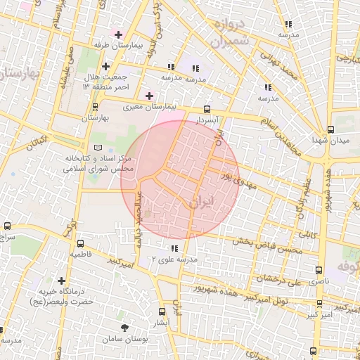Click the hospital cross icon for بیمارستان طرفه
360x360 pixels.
point(118,34)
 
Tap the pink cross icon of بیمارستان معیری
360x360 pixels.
point(149,96)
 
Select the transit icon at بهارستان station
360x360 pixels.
point(95,107)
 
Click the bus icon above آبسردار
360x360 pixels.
point(207,109)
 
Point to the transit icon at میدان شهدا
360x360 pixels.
point(330,129)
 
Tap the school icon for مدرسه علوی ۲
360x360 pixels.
point(174,248)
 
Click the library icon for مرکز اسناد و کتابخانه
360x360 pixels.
point(98,146)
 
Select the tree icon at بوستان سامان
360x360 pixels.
point(125,328)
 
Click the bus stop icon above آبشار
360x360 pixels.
point(162,311)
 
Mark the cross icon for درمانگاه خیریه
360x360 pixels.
point(62,281)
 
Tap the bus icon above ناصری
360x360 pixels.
point(319,269)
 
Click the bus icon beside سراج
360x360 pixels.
point(7,226)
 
